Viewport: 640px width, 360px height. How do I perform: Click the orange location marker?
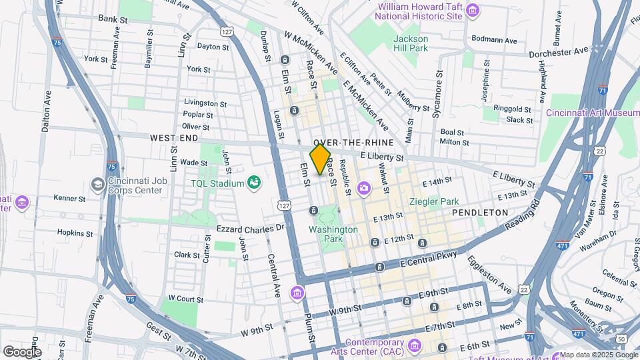pos(320,160)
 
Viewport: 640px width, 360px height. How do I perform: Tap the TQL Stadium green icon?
pos(253,181)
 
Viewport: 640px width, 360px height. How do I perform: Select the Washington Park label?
pos(333,234)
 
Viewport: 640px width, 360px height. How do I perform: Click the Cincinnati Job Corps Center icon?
pos(98,184)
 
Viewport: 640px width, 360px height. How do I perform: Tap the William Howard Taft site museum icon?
pos(473,9)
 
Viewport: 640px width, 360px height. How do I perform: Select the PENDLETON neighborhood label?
pos(480,212)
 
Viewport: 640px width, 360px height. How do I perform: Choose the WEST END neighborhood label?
pos(174,137)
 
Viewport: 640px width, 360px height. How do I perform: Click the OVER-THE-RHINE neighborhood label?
pos(350,143)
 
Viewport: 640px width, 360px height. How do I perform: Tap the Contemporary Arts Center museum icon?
pos(415,345)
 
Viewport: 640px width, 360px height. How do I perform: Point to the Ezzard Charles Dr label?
pos(251,227)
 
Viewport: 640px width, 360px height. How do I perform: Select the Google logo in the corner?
pos(22,351)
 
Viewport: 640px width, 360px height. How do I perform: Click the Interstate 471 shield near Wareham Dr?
pos(563,245)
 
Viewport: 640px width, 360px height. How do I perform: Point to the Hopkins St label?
pos(75,233)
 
